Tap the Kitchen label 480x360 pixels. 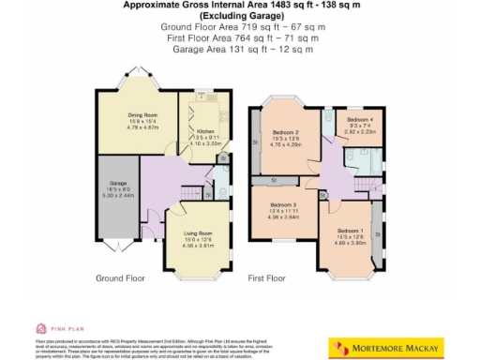tap(206, 132)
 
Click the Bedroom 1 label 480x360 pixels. tap(350, 231)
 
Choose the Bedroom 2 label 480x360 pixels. tap(284, 133)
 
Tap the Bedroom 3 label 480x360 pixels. tap(283, 204)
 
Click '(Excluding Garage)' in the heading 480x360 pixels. tap(240, 19)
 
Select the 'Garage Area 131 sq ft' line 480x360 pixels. tap(240, 50)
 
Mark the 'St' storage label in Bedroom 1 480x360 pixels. tap(376, 225)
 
